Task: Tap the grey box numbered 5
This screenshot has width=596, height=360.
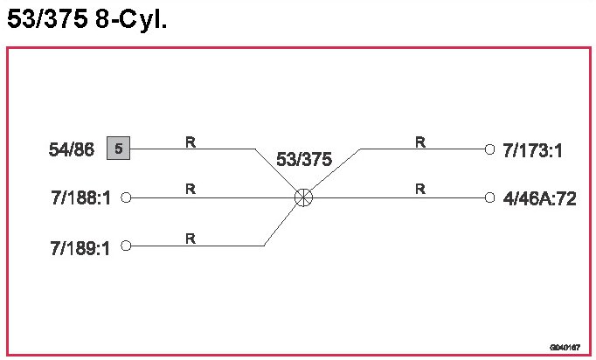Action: tap(118, 149)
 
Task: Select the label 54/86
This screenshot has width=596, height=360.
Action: tap(72, 149)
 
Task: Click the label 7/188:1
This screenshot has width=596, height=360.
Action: tap(81, 198)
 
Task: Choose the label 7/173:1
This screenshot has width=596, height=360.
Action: tap(532, 150)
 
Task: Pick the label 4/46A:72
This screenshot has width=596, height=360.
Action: tap(540, 198)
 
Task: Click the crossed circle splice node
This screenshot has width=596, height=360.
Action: tap(304, 197)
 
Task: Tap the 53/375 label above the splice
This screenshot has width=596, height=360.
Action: tap(304, 160)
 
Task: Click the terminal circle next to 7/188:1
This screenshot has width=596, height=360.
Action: tap(126, 198)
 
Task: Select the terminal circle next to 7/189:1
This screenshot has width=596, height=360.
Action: tap(126, 246)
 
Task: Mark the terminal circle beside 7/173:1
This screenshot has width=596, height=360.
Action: tap(490, 149)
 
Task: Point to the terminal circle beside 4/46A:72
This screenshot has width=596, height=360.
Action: tap(490, 197)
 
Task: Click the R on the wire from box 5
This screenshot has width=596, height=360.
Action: tap(190, 141)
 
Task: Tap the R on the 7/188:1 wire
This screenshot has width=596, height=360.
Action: tap(190, 189)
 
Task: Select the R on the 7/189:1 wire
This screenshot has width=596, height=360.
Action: tap(190, 237)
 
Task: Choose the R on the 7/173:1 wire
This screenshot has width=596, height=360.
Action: tap(420, 141)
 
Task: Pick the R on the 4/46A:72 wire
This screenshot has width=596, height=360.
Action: tap(420, 189)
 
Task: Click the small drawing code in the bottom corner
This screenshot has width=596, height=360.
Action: tap(565, 347)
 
